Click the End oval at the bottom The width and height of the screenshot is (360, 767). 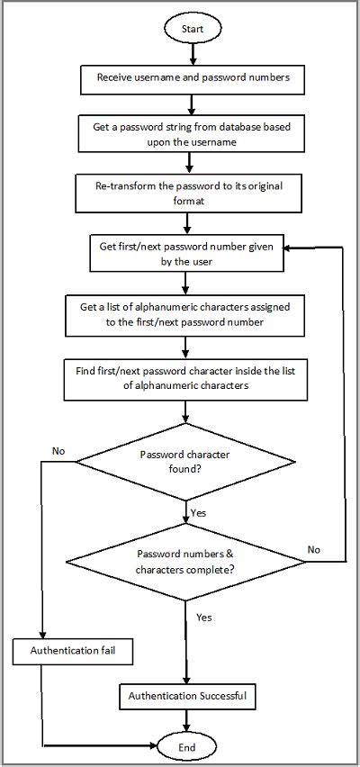[x=186, y=745]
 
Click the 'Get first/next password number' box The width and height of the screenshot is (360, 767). [x=185, y=253]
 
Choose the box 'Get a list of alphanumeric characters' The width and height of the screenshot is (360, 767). [x=185, y=314]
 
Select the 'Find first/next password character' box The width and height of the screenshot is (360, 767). [x=185, y=379]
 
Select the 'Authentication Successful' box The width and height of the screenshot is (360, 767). [x=186, y=696]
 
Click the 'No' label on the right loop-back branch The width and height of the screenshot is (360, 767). [x=314, y=548]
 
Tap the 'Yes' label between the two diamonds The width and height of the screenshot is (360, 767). [x=200, y=512]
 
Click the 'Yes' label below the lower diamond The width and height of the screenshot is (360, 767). [x=204, y=618]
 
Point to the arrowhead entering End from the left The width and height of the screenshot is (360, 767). [x=153, y=745]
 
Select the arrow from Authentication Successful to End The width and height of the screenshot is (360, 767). [x=186, y=719]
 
